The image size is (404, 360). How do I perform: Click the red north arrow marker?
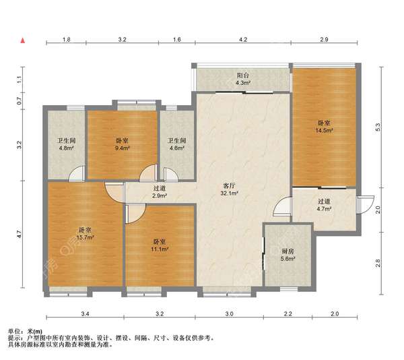tap(23, 40)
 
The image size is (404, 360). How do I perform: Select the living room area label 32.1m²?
tap(229, 193)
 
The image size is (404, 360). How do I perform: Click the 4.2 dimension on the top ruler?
tap(243, 40)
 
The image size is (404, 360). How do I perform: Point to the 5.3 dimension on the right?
tap(378, 127)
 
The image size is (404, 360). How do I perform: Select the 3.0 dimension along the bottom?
tap(230, 314)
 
